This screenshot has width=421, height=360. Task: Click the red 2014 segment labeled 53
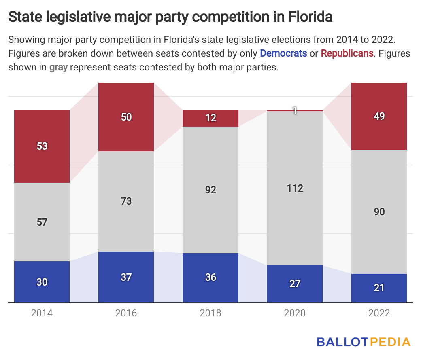tap(42, 146)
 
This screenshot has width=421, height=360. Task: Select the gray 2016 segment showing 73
tap(126, 201)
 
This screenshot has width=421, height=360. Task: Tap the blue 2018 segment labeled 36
tap(210, 277)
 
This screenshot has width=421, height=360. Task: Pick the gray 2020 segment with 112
tap(295, 188)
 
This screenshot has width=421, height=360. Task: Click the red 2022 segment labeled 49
tap(379, 116)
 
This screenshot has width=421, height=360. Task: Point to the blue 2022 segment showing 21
tap(379, 288)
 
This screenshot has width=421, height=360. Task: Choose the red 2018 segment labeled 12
tap(210, 118)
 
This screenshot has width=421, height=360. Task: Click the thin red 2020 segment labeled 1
tap(295, 110)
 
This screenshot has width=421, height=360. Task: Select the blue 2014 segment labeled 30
tap(42, 282)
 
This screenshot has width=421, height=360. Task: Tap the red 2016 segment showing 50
tap(126, 117)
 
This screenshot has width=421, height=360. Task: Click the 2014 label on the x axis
tap(42, 313)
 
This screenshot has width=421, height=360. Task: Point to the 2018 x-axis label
tap(210, 313)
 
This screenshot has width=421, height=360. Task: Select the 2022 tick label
tap(379, 313)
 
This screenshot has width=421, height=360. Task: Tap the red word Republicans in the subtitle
tap(347, 53)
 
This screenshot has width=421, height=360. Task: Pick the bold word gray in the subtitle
tap(58, 67)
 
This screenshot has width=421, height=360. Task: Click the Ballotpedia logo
tap(364, 342)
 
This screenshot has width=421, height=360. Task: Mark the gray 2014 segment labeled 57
tap(42, 222)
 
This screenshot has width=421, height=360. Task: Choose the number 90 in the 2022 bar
tap(379, 212)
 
